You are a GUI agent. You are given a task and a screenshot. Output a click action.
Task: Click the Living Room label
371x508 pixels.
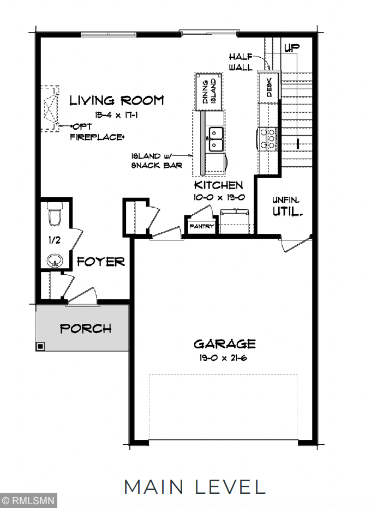coord(117,100)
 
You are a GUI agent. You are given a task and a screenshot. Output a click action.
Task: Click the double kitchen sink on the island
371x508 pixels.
coord(216,139)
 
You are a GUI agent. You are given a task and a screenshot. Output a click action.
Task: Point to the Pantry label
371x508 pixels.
coord(202,226)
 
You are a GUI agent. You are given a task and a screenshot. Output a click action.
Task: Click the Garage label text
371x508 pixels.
coord(224,344)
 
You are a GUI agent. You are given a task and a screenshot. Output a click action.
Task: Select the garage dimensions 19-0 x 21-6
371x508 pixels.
coord(224,358)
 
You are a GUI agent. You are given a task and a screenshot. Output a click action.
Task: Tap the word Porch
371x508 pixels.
coord(85,329)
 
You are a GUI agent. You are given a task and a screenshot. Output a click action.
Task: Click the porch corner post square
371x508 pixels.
coord(40,346)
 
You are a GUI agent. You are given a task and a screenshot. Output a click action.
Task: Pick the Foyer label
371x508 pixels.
coord(100,262)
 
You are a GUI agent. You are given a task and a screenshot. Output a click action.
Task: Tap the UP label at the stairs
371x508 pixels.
coord(292,49)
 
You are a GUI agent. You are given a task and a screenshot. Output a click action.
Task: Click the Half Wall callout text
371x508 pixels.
coord(241,62)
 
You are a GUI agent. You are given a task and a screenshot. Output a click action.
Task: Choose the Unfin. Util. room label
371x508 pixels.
coord(287,206)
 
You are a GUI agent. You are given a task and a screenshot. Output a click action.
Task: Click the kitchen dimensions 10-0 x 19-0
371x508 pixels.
coord(218,197)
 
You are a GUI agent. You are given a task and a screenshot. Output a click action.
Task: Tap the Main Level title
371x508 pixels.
coord(194,486)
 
